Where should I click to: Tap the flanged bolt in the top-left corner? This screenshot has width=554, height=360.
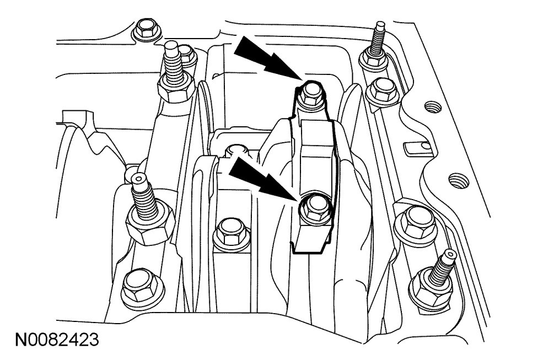145,29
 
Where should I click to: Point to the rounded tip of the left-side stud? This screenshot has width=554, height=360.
136,179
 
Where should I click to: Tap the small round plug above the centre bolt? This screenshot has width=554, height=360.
236,149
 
